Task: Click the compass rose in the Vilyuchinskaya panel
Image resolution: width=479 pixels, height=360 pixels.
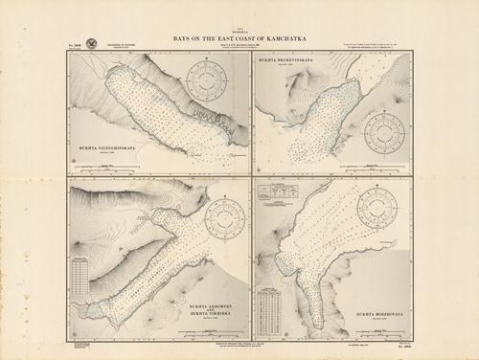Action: click(205, 80)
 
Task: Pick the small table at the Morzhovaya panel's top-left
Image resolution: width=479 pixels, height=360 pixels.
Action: click(279, 191)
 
